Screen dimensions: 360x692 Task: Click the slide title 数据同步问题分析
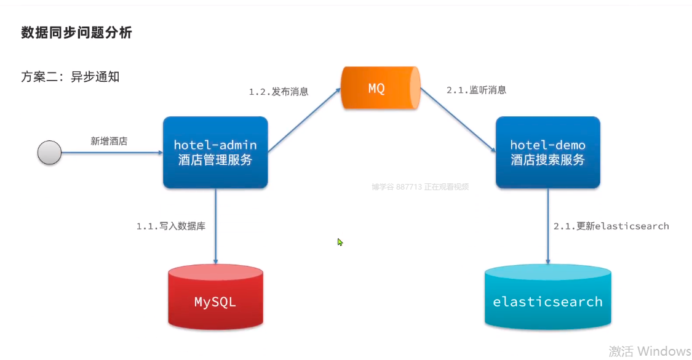76,33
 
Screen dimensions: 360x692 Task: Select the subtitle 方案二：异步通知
70,77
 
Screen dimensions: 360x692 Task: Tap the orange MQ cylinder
380,88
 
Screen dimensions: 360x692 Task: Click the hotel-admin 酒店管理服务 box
215,152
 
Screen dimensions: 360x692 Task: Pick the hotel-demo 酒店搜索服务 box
547,152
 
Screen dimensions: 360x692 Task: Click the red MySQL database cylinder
215,298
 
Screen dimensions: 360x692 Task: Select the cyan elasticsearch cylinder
547,298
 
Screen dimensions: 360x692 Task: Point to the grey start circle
49,152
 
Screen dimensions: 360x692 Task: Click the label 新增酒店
109,141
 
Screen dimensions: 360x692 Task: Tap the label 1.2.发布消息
278,92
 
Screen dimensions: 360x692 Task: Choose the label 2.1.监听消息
476,90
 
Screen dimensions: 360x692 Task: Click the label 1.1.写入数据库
171,226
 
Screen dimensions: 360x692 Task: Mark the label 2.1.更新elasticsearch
611,226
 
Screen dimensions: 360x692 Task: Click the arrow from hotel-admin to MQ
304,121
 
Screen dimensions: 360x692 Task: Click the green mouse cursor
340,242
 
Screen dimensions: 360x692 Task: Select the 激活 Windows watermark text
650,351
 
